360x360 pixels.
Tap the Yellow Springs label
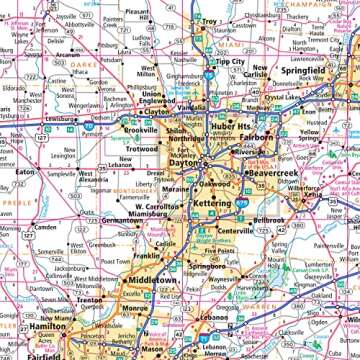[309, 135]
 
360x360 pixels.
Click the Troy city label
[209, 20]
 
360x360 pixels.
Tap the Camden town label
[44, 226]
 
